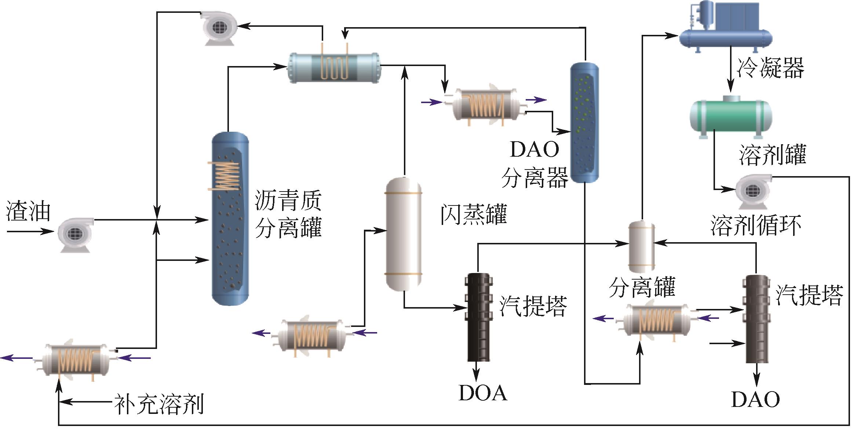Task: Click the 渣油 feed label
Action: pos(28,212)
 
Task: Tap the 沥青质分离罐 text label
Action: pos(288,214)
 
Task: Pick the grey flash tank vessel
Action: pos(404,234)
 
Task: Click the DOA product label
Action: pos(483,393)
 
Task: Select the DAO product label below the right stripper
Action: pos(755,399)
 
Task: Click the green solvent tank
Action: pos(731,116)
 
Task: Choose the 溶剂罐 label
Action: pos(772,154)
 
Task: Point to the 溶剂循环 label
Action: pos(756,225)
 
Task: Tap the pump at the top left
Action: pos(219,28)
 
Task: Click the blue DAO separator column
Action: pos(584,123)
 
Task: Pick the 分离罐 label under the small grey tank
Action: pos(642,287)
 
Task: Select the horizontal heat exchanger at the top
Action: pos(333,68)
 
